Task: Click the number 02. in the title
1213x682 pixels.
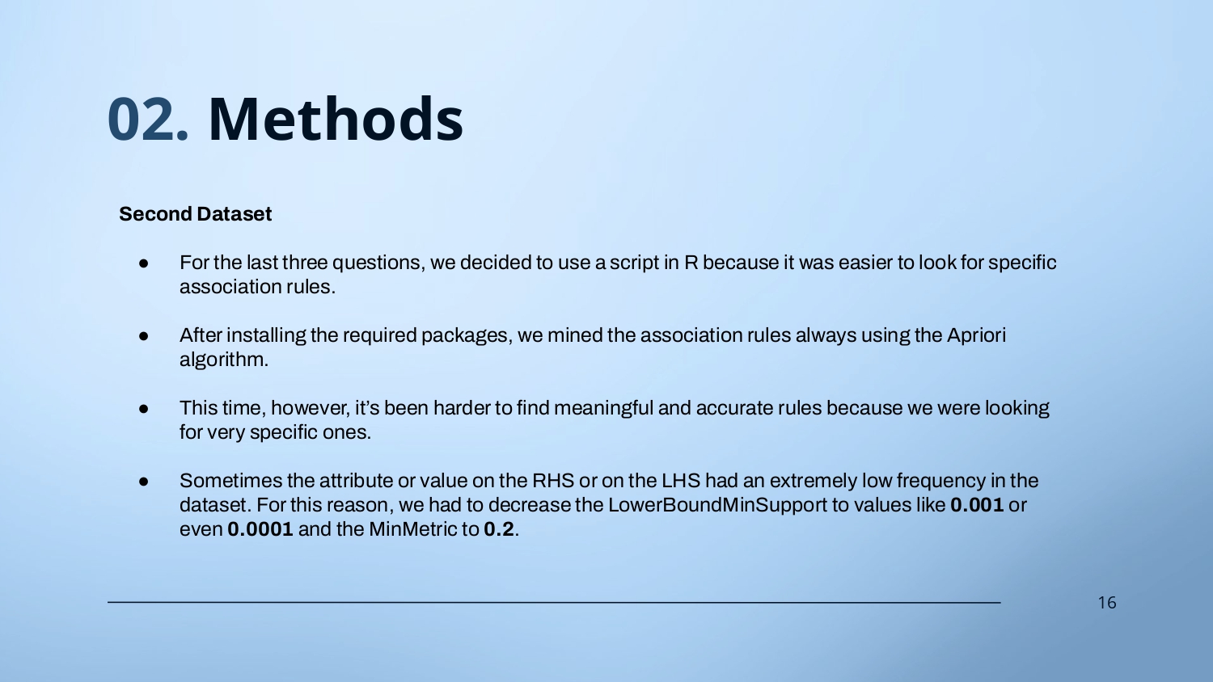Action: coord(148,119)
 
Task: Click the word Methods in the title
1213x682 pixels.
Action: coord(336,119)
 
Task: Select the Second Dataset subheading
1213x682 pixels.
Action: coord(195,214)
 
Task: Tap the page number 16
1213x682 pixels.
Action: coord(1107,603)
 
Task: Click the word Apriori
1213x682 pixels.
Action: coord(976,335)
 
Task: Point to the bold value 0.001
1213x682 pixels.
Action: coord(977,505)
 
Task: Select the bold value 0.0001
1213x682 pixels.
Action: coord(260,529)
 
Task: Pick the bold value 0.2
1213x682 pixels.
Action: coord(499,529)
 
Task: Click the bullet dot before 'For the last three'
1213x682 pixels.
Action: coord(143,263)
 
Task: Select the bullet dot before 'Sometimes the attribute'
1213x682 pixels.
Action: coord(143,482)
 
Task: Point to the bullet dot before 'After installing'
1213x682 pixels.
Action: coord(143,336)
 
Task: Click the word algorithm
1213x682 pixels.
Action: coord(224,360)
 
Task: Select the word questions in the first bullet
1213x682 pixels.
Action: coord(378,263)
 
